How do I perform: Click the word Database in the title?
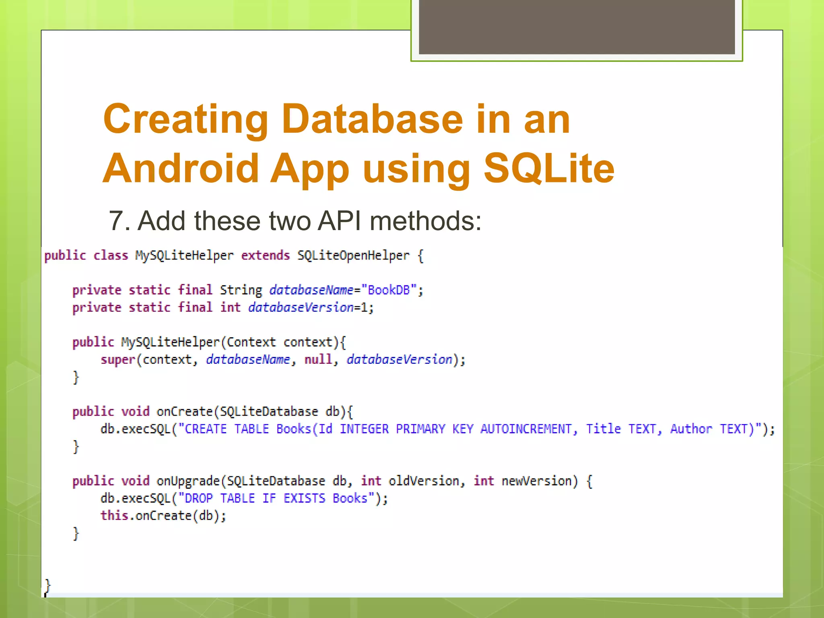[372, 119]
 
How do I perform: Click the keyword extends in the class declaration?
[265, 255]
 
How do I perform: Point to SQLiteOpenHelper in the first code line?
[353, 255]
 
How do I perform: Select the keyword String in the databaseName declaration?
[241, 290]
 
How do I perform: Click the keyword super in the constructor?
[117, 360]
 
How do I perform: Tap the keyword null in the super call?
[318, 359]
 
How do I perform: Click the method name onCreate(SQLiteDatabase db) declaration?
[184, 412]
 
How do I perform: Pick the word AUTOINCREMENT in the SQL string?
[526, 429]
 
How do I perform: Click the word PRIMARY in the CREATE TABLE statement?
[420, 429]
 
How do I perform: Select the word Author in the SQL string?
[691, 429]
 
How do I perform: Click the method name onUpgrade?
[188, 481]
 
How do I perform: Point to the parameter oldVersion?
[424, 481]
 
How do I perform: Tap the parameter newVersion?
[536, 481]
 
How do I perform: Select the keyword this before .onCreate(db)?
[114, 516]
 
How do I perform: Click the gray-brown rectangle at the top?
[577, 27]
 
